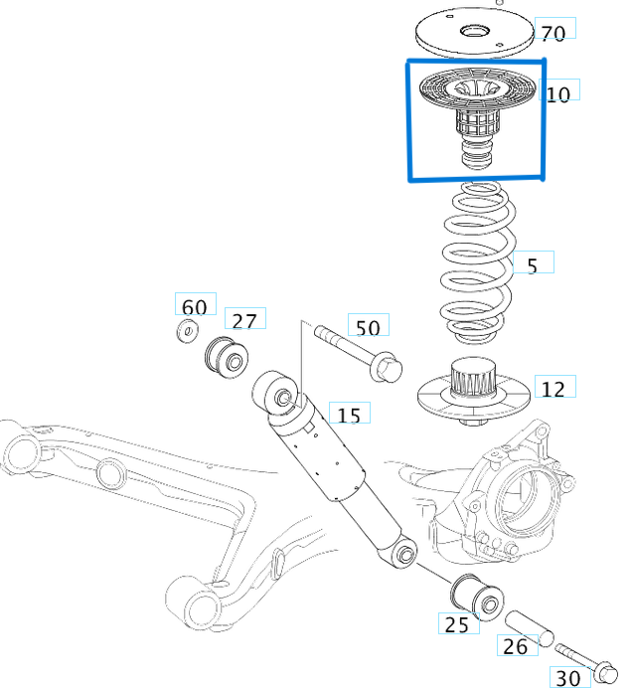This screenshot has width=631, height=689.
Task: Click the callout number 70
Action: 552,32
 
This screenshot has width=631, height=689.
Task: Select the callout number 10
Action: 557,93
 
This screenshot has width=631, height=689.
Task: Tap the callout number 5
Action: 533,265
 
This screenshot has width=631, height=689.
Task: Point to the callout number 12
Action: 552,389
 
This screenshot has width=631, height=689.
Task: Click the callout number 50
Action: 367,327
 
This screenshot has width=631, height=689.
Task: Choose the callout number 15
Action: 348,415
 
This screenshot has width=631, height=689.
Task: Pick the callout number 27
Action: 244,320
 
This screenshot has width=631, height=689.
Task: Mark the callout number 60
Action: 194,306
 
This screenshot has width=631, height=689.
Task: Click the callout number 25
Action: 456,624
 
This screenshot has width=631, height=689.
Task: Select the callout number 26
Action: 515,647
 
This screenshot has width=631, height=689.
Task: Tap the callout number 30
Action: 568,678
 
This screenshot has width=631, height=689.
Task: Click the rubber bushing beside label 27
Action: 226,357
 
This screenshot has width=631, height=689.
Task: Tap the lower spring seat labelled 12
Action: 471,397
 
